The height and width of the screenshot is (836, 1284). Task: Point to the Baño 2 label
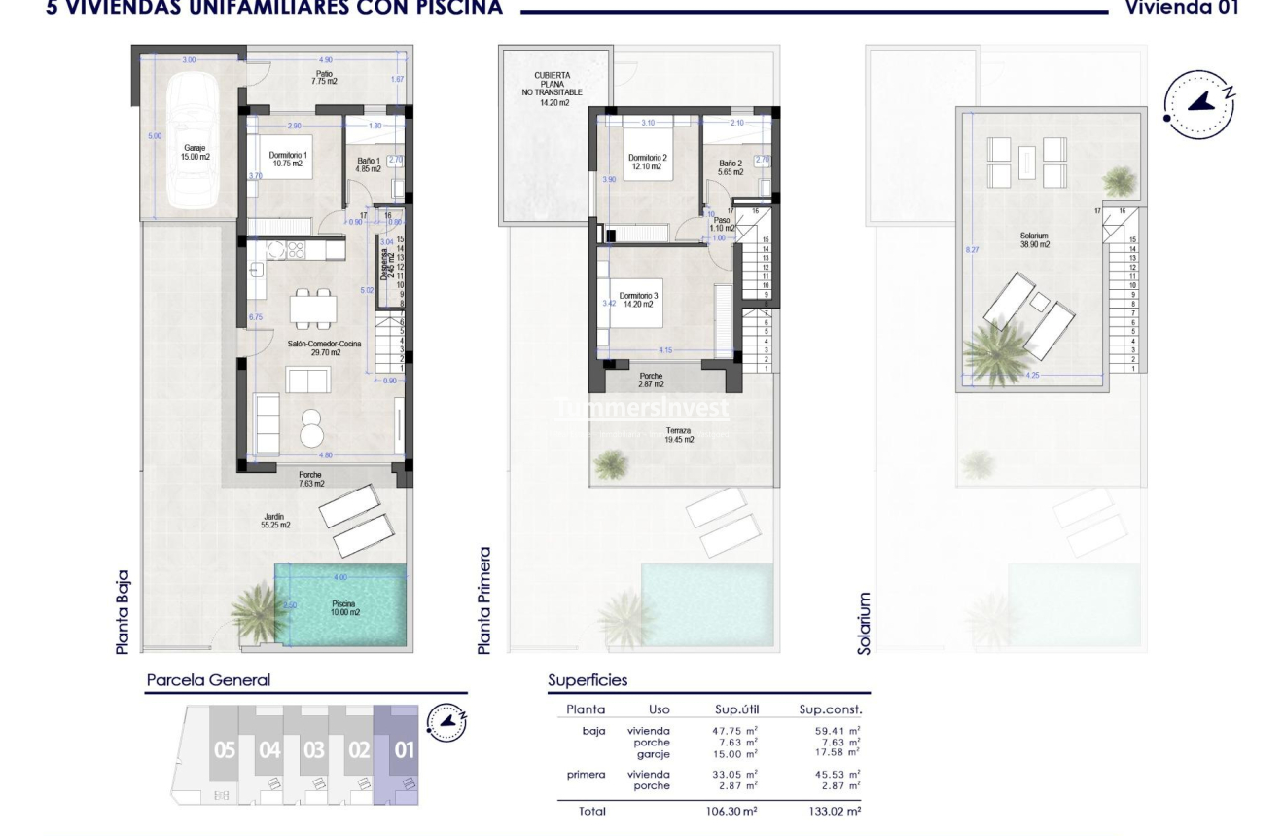click(x=731, y=167)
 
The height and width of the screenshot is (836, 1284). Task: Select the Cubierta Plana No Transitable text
click(x=552, y=88)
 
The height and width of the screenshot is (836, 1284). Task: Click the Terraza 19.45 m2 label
click(x=678, y=434)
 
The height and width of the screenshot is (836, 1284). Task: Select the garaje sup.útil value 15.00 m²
click(x=734, y=754)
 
